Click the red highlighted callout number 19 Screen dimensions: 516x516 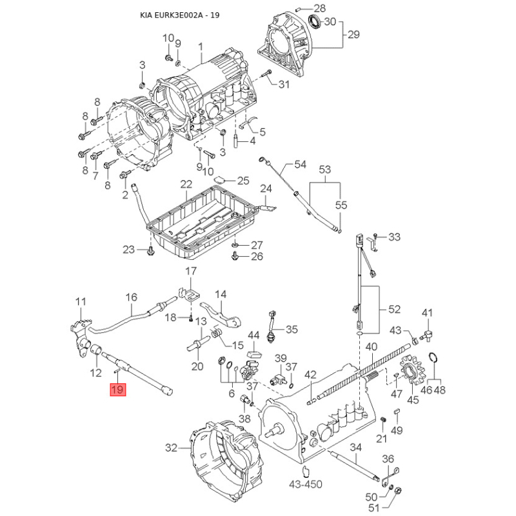pos(117,390)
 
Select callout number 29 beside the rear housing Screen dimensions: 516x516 pos(353,34)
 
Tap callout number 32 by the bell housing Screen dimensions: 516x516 pos(170,447)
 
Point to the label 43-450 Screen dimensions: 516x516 pos(305,484)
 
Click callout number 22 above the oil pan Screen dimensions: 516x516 pos(186,184)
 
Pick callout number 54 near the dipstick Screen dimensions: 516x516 pos(301,164)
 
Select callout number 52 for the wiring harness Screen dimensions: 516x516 pos(394,309)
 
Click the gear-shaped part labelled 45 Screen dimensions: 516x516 pos(410,374)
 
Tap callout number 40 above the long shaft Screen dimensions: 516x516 pos(370,347)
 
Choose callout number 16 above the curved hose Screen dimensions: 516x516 pos(132,297)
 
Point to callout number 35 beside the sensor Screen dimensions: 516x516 pos(292,329)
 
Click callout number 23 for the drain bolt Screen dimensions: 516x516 pos(128,250)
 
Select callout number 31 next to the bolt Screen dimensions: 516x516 pos(284,84)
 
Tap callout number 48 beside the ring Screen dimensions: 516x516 pos(441,390)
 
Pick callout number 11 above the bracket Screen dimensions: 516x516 pos(81,301)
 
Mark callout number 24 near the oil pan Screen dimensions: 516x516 pos(266,188)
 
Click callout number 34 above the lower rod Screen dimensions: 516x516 pos(355,448)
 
